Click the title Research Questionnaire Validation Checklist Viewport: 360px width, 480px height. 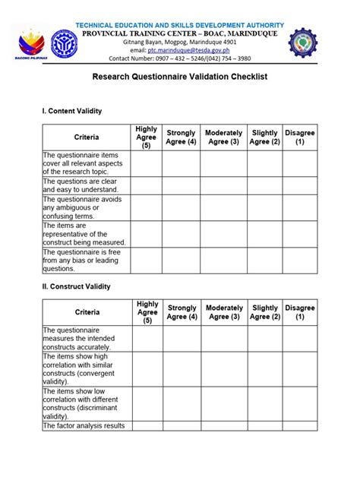(x=179, y=77)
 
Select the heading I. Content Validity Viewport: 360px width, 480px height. (x=71, y=112)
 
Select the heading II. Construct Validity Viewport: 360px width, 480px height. (x=76, y=286)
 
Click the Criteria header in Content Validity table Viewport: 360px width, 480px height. (x=86, y=137)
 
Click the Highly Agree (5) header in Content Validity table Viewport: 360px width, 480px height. (x=146, y=137)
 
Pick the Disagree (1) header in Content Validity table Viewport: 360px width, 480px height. (x=299, y=137)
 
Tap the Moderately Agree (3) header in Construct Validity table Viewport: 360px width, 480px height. (x=224, y=312)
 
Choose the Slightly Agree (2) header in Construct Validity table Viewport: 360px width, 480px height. (x=265, y=312)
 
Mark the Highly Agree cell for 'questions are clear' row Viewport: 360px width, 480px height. (x=146, y=186)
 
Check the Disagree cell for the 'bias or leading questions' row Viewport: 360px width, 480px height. (x=299, y=260)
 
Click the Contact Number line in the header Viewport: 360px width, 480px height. (x=179, y=57)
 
